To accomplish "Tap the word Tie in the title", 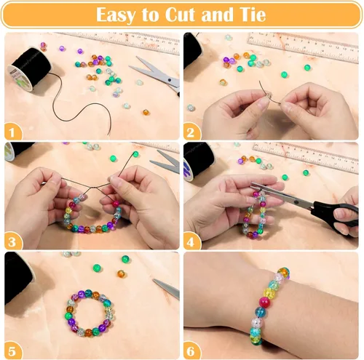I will point(251,15).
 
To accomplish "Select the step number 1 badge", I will point(12,131).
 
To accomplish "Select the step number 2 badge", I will point(192,132).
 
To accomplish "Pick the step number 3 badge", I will point(12,241).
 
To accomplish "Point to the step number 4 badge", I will point(192,241).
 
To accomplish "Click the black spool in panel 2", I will point(191,51).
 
